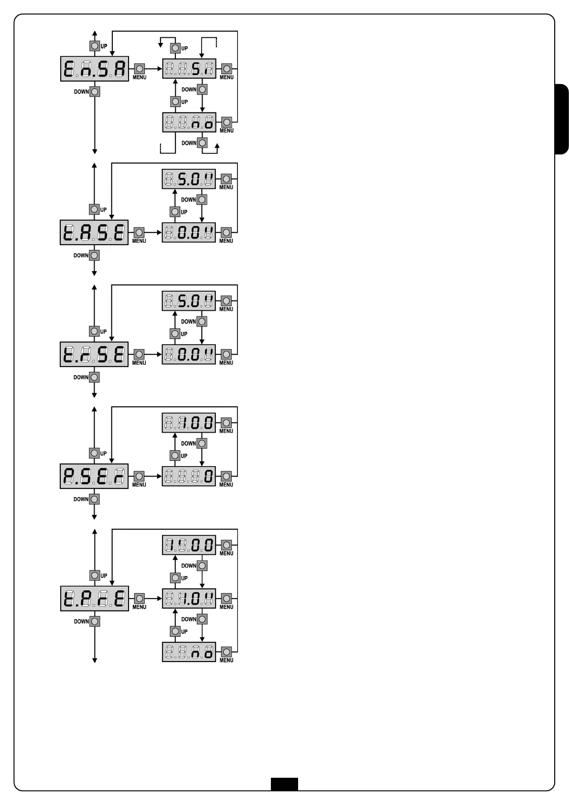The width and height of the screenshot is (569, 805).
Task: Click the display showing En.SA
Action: tap(95, 69)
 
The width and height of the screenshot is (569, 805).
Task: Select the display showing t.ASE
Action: tap(94, 232)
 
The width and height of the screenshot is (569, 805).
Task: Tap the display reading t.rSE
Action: tap(94, 354)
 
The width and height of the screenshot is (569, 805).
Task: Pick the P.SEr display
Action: tap(94, 476)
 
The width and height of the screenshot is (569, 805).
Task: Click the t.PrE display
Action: tap(95, 598)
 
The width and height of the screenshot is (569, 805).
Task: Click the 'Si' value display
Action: tap(189, 69)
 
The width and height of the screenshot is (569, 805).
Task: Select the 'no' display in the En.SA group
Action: tap(189, 122)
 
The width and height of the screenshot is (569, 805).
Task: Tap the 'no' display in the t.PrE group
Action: tap(189, 652)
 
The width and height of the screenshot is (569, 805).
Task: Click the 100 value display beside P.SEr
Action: tap(189, 423)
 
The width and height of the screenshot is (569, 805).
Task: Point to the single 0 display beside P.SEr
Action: tap(189, 476)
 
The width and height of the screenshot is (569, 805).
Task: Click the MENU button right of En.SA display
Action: tap(140, 69)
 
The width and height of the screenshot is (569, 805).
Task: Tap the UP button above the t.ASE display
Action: tap(94, 209)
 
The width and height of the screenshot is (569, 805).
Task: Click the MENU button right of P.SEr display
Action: tap(139, 476)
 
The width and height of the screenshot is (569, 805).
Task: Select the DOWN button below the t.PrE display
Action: tap(95, 621)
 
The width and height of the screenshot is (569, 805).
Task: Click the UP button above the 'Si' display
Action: tap(176, 48)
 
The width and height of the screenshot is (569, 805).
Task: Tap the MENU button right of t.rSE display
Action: tap(139, 354)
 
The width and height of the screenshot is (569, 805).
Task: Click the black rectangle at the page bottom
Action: tap(284, 784)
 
